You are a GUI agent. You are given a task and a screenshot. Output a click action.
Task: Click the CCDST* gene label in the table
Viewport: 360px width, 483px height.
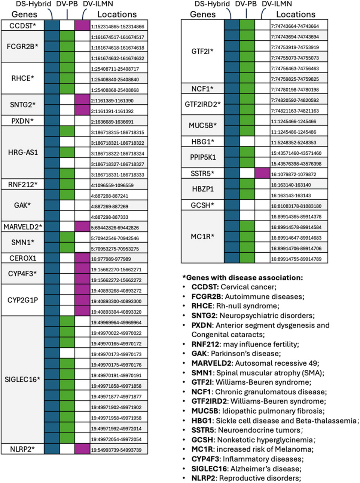pyautogui.click(x=23, y=26)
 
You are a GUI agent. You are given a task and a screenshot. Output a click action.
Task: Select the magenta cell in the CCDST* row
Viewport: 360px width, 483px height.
pyautogui.click(x=82, y=26)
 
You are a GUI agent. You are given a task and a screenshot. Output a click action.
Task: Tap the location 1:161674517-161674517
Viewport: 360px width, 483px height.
pyautogui.click(x=117, y=37)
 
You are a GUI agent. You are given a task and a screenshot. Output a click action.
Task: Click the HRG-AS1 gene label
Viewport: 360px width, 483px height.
pyautogui.click(x=23, y=153)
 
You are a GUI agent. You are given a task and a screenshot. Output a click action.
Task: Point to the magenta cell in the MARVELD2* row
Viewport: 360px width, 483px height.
pyautogui.click(x=82, y=227)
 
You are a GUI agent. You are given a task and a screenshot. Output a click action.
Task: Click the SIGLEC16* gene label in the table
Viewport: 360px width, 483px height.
pyautogui.click(x=23, y=379)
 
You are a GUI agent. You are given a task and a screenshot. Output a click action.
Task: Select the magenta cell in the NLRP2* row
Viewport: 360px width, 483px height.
pyautogui.click(x=82, y=449)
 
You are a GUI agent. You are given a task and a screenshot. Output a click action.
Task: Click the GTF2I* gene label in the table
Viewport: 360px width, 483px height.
pyautogui.click(x=202, y=51)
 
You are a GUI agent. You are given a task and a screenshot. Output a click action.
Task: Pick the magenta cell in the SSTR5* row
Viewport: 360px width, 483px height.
pyautogui.click(x=262, y=174)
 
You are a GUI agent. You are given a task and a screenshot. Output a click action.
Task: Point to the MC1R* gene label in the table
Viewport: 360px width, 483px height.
pyautogui.click(x=202, y=237)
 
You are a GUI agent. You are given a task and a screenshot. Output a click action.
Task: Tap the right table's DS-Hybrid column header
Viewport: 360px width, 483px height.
pyautogui.click(x=212, y=4)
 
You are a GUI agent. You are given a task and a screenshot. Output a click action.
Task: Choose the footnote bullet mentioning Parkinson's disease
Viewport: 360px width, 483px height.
pyautogui.click(x=236, y=354)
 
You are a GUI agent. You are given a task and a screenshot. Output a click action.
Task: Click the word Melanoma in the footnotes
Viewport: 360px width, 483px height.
pyautogui.click(x=298, y=449)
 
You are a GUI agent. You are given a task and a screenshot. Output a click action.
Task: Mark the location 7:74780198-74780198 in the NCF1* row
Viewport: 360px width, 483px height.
pyautogui.click(x=295, y=90)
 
